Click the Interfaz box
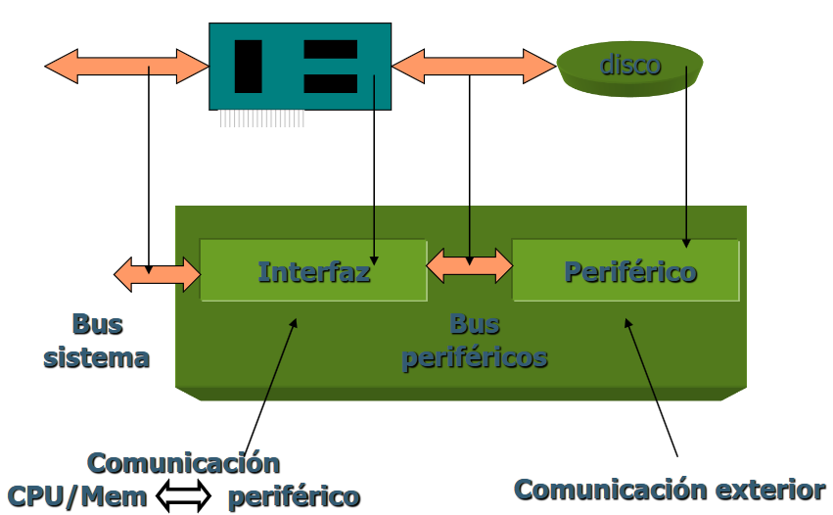click(313, 270)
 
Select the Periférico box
click(626, 270)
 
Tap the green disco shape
click(630, 69)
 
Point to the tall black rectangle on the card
click(249, 67)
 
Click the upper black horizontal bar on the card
click(330, 49)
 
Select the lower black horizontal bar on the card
click(330, 83)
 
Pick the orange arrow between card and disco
click(474, 66)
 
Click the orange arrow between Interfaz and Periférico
click(470, 264)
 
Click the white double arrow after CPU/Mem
click(183, 496)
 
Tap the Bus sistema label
click(97, 341)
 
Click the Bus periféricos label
click(475, 341)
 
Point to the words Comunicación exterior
click(670, 490)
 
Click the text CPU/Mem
click(77, 497)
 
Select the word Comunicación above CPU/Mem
click(183, 462)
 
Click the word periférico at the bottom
click(294, 497)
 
